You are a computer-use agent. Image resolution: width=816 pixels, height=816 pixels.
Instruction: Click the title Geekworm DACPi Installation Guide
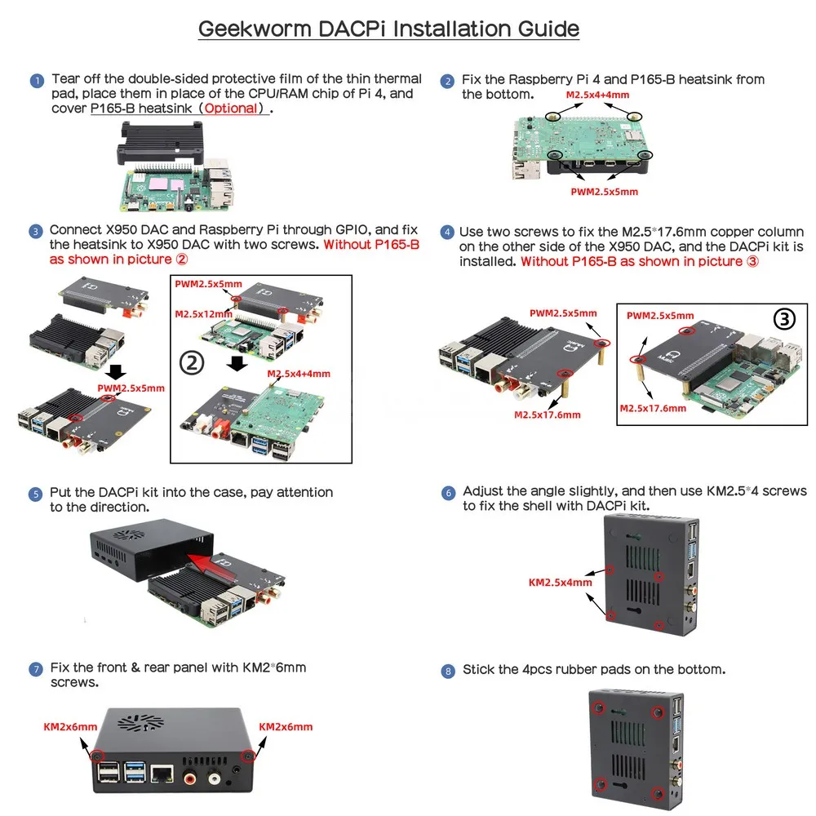point(388,29)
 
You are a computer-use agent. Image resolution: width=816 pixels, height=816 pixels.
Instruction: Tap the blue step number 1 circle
point(37,81)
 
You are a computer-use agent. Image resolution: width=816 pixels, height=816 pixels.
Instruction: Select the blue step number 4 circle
point(446,233)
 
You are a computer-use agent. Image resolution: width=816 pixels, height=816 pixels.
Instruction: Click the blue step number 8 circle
point(447,671)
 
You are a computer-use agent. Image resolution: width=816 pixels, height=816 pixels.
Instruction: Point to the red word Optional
point(232,108)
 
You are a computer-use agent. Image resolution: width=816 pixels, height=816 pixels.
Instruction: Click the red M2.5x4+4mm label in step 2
point(598,95)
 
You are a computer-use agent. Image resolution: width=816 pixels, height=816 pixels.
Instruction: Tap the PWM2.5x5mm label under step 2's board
point(604,192)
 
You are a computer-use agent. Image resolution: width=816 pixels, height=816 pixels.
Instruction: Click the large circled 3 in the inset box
point(783,319)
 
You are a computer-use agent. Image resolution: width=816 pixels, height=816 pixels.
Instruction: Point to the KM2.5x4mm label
point(561,583)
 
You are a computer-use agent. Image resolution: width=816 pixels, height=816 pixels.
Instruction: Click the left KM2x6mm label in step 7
point(70,726)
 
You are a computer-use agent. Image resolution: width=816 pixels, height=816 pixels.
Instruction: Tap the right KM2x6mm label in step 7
point(286,726)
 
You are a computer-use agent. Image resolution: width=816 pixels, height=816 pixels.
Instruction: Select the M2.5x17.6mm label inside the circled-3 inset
point(653,408)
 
